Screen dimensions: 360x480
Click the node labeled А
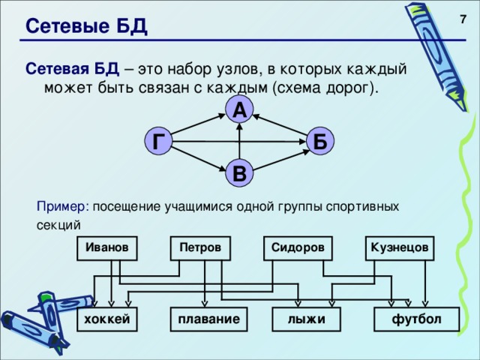(x=238, y=110)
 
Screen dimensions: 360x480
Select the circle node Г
(x=158, y=141)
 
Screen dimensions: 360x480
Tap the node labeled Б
(x=319, y=141)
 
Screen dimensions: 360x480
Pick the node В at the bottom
(x=238, y=174)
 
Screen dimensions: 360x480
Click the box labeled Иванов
(x=107, y=247)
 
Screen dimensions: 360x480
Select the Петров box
(x=200, y=247)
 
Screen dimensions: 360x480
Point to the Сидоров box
(x=298, y=247)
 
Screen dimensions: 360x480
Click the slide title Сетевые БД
(x=86, y=27)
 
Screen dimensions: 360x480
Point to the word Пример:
(x=67, y=205)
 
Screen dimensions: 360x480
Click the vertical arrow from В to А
(x=239, y=142)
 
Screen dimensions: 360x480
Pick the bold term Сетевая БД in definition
(x=72, y=69)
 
